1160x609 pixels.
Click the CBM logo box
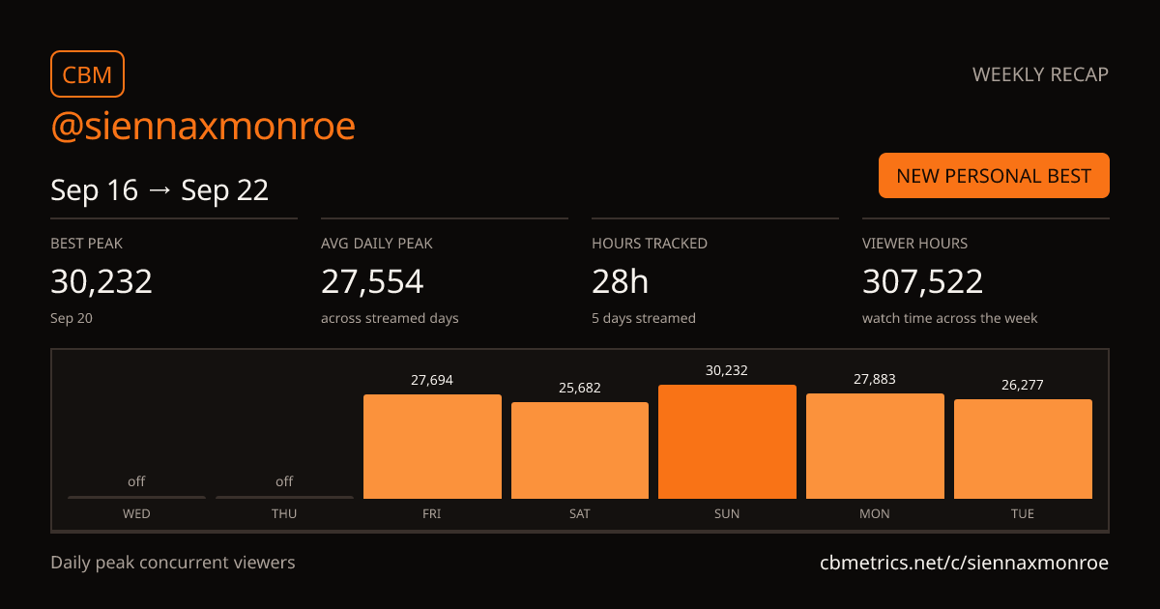coord(88,74)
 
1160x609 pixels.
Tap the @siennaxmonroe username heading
coord(203,126)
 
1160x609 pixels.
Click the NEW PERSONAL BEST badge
coord(994,176)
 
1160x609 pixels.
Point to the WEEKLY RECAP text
coord(1040,74)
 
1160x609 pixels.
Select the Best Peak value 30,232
coord(101,281)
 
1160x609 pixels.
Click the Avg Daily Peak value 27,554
coord(372,281)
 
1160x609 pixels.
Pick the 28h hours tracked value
coord(620,281)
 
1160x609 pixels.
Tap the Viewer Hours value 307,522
coord(922,281)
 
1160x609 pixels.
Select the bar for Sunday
coord(727,442)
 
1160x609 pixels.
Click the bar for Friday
coord(432,447)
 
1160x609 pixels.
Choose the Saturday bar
coord(579,450)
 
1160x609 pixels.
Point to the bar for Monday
coord(875,446)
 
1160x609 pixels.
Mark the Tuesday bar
coord(1024,449)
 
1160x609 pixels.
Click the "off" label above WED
coord(136,481)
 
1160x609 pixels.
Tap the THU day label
coord(284,513)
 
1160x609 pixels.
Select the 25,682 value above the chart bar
coord(579,388)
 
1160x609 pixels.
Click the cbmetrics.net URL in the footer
coord(965,563)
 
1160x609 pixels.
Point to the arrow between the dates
coord(159,190)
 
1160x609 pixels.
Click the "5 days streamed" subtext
coord(644,318)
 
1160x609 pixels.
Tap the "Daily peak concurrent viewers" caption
coord(173,563)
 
